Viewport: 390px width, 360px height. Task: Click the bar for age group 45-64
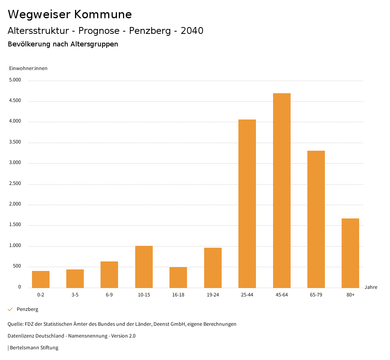pos(281,190)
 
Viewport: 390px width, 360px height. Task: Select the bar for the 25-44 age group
pos(247,204)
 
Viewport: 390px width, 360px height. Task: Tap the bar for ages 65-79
pos(316,219)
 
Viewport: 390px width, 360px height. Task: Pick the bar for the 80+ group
pos(350,253)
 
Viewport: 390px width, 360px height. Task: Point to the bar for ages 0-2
pos(41,279)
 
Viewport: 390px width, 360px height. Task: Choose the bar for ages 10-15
pos(144,267)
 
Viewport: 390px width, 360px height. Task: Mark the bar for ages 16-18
pos(178,277)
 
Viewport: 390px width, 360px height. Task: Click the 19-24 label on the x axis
pos(213,295)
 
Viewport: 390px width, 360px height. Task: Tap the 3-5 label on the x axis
pos(75,295)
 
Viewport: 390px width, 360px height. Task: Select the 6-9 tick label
pos(109,295)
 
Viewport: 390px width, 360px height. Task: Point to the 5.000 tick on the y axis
pos(15,80)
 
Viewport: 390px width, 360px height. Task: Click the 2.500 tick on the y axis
pos(15,184)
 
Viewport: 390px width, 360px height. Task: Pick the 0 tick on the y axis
pos(19,287)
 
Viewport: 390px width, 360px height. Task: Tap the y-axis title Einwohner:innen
pos(28,68)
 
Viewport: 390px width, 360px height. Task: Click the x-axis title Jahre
pos(371,287)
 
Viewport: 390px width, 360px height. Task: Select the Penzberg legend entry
pos(27,309)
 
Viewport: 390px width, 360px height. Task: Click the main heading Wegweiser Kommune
pos(70,14)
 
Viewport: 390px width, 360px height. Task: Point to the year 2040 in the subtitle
pos(192,31)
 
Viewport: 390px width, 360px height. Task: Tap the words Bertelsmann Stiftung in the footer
pos(34,348)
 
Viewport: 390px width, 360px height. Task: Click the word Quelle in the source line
pos(14,324)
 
